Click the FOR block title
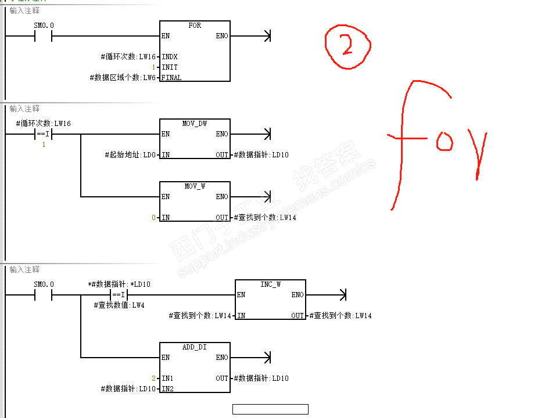(x=195, y=26)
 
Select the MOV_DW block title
(x=195, y=124)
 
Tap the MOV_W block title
(x=195, y=186)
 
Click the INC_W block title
(x=270, y=284)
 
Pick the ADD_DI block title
(x=195, y=347)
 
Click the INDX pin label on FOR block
(x=170, y=57)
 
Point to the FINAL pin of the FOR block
(x=171, y=78)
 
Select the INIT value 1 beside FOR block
(x=153, y=67)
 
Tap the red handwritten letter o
(x=445, y=141)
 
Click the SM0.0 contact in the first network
(x=44, y=36)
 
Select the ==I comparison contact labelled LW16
(x=44, y=134)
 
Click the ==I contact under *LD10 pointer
(x=119, y=295)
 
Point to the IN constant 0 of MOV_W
(x=153, y=218)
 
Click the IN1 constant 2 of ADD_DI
(x=153, y=379)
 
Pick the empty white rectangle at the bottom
(x=270, y=409)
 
